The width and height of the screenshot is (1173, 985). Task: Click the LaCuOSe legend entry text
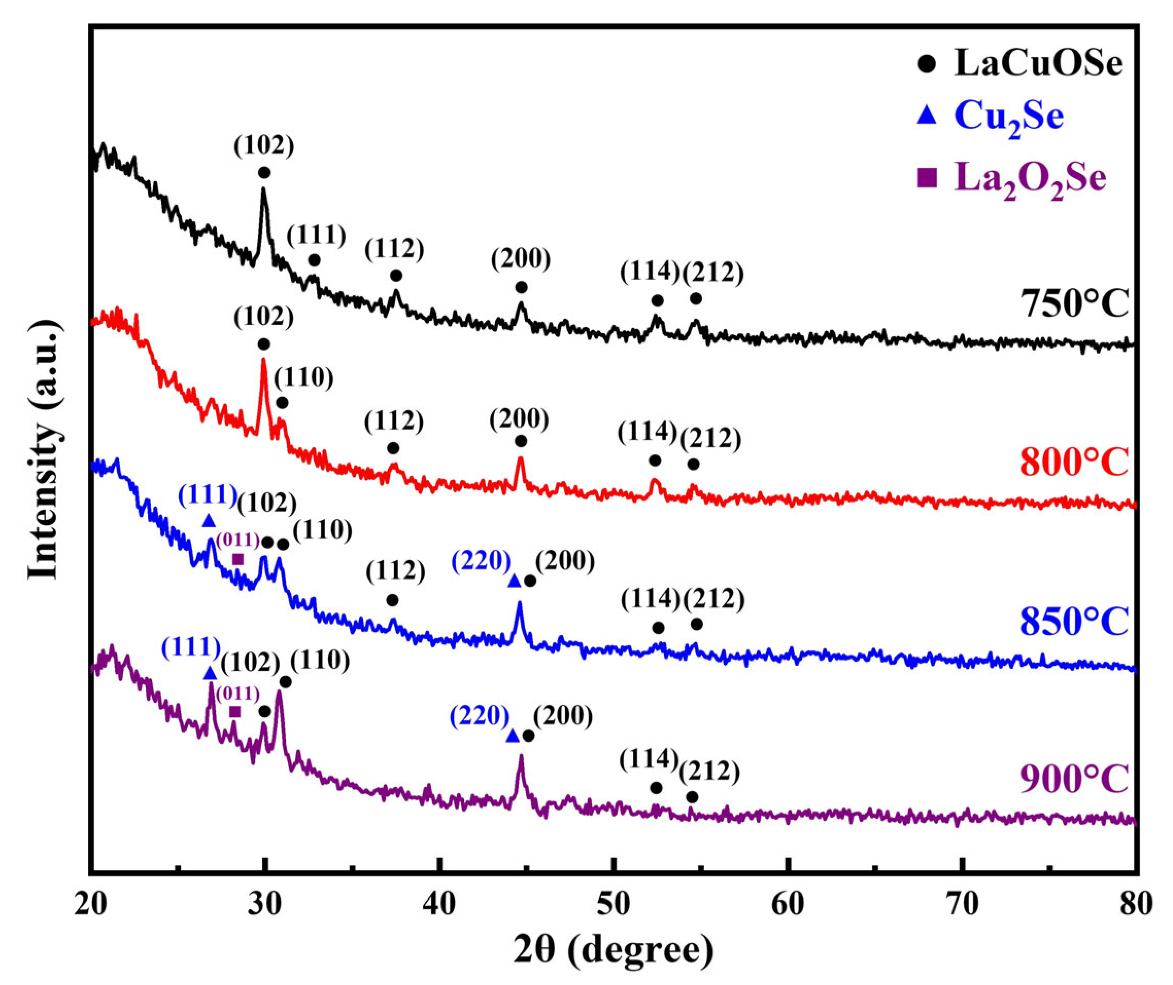click(x=1038, y=64)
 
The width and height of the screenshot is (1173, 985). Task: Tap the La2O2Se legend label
click(x=1030, y=179)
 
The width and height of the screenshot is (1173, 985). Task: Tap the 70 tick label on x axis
click(x=962, y=906)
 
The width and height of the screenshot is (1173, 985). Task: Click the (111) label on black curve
click(x=317, y=235)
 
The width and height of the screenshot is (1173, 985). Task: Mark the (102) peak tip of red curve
click(x=263, y=360)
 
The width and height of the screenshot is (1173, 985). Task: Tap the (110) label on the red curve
click(x=304, y=378)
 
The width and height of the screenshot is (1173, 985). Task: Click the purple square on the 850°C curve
click(x=238, y=559)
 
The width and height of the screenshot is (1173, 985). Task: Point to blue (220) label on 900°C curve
click(x=480, y=715)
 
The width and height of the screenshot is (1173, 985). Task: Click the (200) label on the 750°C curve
click(x=521, y=258)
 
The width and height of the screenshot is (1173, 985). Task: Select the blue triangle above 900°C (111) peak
click(x=210, y=673)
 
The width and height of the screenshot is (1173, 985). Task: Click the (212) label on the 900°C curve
click(x=709, y=771)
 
